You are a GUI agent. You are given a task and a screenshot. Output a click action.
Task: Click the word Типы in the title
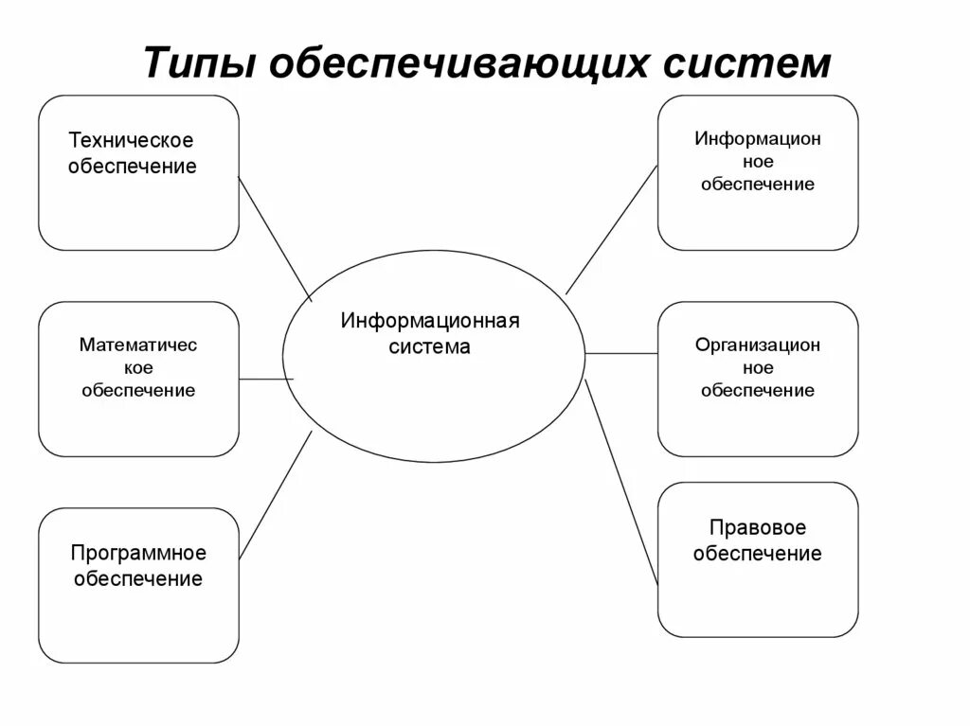[199, 63]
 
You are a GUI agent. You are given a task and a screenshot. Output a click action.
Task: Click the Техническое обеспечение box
[138, 172]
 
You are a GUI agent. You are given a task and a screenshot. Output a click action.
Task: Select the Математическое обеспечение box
[138, 379]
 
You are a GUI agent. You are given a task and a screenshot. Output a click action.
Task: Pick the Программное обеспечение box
[138, 585]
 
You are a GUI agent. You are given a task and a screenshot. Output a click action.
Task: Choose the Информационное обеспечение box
[758, 172]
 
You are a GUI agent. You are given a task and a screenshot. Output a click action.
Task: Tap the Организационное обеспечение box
[758, 379]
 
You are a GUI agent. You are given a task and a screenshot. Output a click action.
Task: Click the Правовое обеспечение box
[758, 559]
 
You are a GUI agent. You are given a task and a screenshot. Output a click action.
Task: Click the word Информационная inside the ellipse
[430, 321]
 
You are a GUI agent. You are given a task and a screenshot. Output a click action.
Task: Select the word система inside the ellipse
[430, 346]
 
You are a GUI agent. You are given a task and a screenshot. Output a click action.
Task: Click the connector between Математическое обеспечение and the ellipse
[266, 379]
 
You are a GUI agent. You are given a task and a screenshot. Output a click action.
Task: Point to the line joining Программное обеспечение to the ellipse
[276, 494]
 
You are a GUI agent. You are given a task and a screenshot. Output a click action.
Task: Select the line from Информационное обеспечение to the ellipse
[611, 229]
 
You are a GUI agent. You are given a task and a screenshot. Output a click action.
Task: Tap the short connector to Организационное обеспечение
[621, 353]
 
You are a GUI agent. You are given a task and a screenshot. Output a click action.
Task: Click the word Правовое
[757, 528]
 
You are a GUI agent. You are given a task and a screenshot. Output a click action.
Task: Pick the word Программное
[138, 553]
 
